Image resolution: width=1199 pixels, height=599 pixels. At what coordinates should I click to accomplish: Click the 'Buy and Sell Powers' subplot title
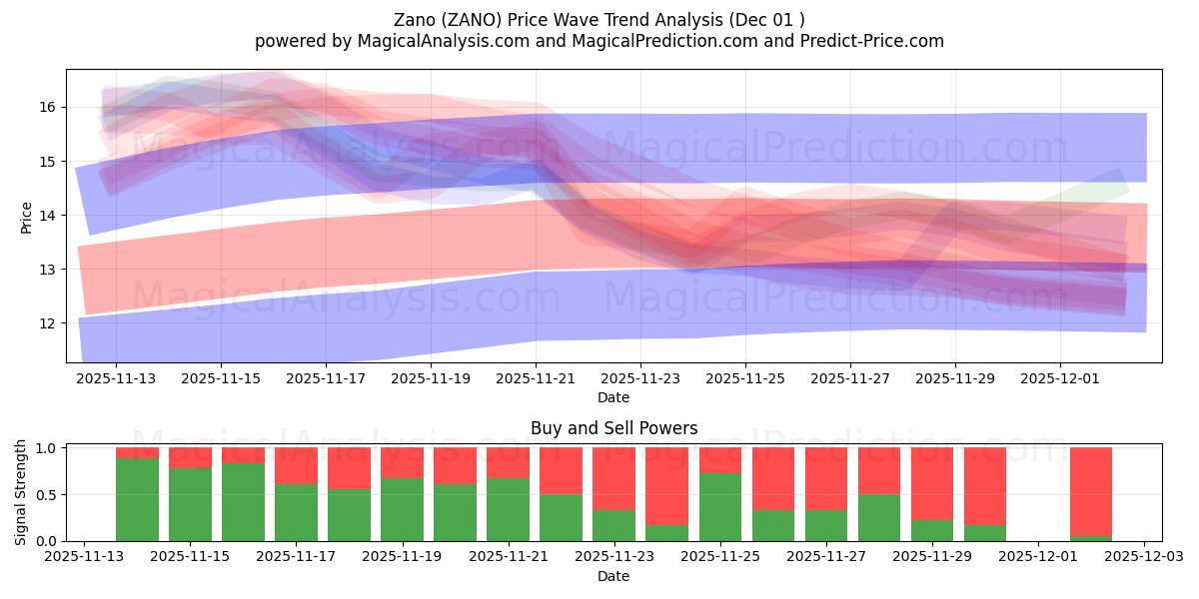(x=613, y=428)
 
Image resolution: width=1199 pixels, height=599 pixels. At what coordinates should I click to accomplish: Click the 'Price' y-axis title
(x=27, y=216)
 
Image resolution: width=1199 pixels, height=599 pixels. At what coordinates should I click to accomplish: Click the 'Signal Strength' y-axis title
(x=21, y=492)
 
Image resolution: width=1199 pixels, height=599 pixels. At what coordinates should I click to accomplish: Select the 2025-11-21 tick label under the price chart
(x=536, y=379)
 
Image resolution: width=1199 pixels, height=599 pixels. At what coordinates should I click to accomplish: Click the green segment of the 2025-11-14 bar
(x=137, y=499)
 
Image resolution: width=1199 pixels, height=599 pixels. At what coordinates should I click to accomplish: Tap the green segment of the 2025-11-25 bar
(x=719, y=507)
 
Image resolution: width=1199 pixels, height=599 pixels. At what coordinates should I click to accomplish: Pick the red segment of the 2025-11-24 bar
(x=666, y=485)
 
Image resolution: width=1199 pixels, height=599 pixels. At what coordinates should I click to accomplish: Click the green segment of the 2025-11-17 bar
(x=296, y=512)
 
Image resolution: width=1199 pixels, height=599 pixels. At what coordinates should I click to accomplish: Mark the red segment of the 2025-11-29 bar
(x=931, y=483)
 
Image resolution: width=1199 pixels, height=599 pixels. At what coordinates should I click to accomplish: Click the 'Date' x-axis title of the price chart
(x=613, y=397)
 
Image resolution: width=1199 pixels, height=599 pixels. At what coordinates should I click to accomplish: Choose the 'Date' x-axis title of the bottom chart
(x=613, y=576)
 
